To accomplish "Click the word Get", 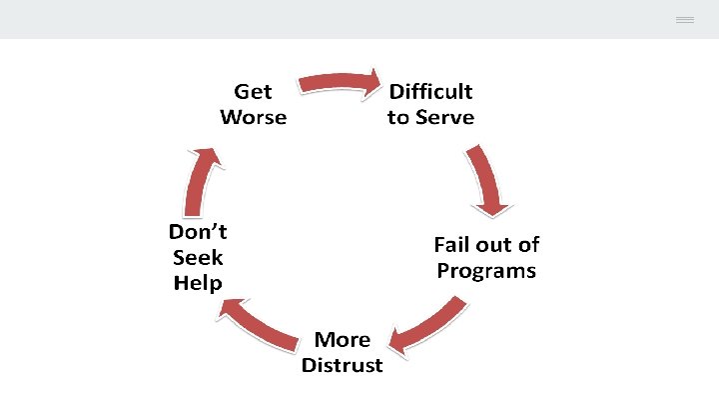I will coord(253,92).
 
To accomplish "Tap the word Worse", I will coord(253,117).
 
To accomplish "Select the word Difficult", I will coord(430,92).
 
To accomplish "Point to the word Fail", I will coord(453,245).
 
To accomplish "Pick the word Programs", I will coord(486,271).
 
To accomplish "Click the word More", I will coord(342,340).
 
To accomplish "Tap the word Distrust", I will coord(342,365).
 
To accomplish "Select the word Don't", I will coord(197,232).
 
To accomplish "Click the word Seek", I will coord(197,257).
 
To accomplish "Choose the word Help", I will coord(197,283).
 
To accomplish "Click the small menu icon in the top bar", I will coord(684,20).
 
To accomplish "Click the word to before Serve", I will coord(398,117).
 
